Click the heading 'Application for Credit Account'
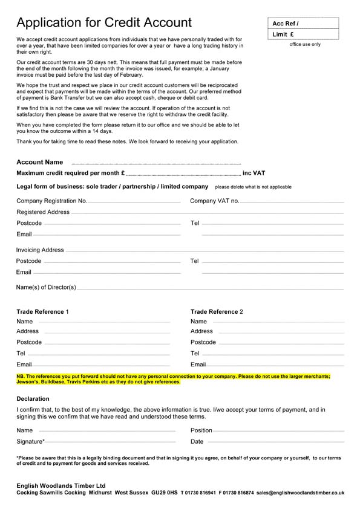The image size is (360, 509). pos(104,23)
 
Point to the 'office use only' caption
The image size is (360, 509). pos(305,44)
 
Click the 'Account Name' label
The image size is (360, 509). pos(40,162)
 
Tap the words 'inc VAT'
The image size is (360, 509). pos(254,173)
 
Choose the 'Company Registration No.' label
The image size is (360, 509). pos(52,201)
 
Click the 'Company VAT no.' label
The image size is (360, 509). pos(215,201)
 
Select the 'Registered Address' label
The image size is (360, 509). pos(43,212)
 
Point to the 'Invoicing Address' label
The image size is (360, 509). pos(40,250)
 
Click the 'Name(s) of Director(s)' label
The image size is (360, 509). pos(46,287)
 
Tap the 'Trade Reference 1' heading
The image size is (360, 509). pos(43,311)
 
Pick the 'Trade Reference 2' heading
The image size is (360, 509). pos(217,311)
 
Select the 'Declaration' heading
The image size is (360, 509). pos(33,399)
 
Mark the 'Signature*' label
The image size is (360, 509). pos(31,442)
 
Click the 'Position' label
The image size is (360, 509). pos(201,430)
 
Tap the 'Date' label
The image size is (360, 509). pos(197,442)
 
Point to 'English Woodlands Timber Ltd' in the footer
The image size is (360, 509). pos(61,485)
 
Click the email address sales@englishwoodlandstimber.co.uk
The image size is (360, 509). pos(300,493)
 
